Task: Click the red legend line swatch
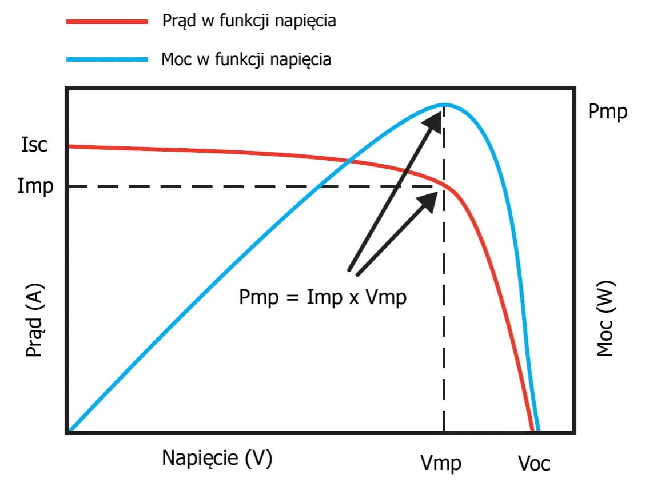point(107,22)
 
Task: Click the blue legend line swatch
point(107,59)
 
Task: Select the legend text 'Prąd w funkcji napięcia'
point(249,22)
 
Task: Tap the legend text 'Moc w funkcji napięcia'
point(246,59)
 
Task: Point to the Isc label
point(35,145)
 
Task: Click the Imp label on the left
point(35,186)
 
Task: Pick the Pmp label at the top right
point(607,111)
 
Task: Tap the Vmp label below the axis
point(441,463)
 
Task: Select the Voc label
point(533,463)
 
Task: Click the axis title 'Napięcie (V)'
point(217,458)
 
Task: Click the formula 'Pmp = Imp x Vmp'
point(322,297)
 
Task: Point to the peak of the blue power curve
point(444,104)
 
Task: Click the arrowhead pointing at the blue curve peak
point(436,117)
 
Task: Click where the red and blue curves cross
point(347,160)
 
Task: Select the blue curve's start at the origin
point(69,430)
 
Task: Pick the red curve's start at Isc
point(70,146)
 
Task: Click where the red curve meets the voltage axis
point(532,429)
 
